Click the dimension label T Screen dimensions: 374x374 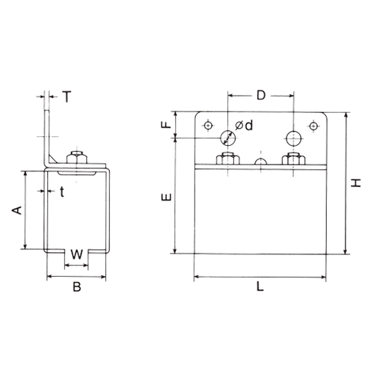tap(67, 96)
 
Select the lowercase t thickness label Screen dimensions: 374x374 tap(62, 191)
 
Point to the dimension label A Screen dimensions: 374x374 tap(17, 210)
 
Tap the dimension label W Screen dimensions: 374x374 tap(76, 254)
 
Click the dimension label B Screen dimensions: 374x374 tap(77, 286)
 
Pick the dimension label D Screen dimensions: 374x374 tap(261, 95)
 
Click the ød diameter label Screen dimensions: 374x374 tap(244, 126)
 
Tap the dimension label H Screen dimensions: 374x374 tap(356, 183)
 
